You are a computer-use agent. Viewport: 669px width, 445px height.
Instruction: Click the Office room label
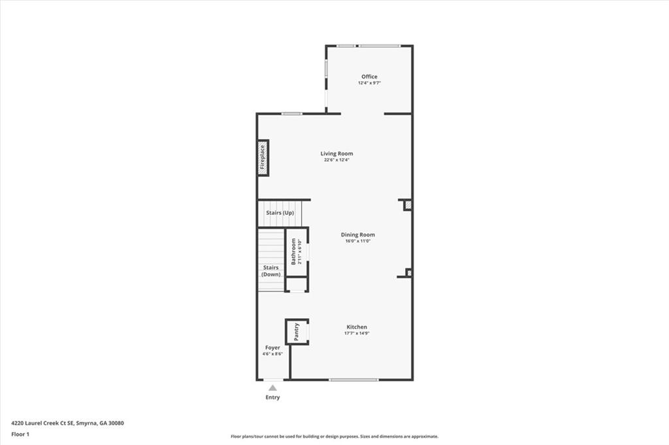(369, 76)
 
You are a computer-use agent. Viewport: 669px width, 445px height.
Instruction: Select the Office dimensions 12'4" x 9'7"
(369, 83)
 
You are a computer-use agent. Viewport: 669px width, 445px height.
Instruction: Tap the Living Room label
(336, 154)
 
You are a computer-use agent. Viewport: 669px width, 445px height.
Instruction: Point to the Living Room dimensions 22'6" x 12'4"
(336, 160)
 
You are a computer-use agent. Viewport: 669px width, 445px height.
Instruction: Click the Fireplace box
(263, 157)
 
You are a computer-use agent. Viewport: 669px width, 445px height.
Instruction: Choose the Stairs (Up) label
(280, 212)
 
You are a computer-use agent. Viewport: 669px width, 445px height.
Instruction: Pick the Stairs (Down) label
(271, 271)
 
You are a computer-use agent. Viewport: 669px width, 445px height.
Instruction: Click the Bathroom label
(294, 252)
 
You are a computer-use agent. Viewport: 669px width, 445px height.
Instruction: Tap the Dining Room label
(358, 235)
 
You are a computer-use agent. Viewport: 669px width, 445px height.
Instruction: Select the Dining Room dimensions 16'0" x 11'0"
(358, 241)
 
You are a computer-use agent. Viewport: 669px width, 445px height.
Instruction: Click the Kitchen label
(357, 327)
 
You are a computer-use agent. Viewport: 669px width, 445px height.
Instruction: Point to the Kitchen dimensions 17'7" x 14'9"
(357, 333)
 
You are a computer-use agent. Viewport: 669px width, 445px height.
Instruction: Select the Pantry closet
(297, 332)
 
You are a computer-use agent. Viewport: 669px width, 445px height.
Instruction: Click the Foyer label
(272, 348)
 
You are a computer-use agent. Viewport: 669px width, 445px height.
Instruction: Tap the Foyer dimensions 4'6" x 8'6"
(272, 354)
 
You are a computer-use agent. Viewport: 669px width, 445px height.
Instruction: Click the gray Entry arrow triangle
(272, 387)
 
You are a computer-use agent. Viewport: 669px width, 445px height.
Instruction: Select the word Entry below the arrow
(272, 397)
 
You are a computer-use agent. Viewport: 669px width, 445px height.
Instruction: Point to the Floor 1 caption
(20, 434)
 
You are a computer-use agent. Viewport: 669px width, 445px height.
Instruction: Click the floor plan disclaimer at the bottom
(334, 437)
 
